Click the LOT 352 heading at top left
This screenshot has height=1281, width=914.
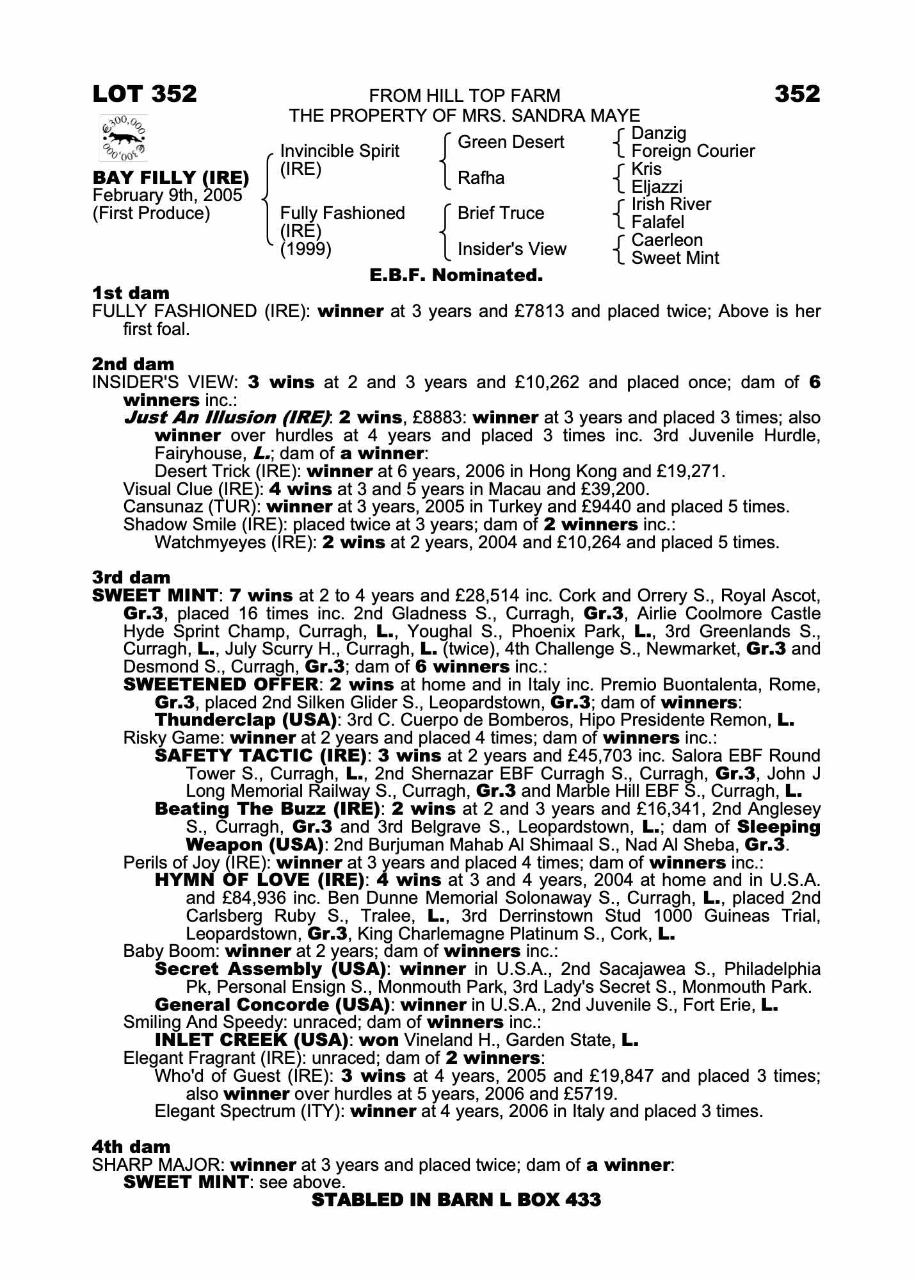(x=145, y=94)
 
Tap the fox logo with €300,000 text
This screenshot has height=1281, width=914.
(x=124, y=138)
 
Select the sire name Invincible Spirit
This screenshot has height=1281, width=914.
(x=339, y=151)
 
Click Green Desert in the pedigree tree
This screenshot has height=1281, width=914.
(x=511, y=142)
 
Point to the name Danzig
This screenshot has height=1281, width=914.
(x=659, y=133)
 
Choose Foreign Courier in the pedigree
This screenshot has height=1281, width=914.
(x=693, y=151)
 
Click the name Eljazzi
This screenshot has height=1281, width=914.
(x=657, y=187)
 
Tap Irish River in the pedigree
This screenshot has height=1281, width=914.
(x=671, y=204)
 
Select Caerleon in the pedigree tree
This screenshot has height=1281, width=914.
(x=667, y=240)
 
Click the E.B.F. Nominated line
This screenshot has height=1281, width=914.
(x=456, y=276)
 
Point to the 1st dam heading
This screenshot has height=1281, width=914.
(x=131, y=293)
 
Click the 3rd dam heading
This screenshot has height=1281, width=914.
(x=131, y=578)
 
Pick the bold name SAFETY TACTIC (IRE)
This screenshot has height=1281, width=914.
(x=261, y=756)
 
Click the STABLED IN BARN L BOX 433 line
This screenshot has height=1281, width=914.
(x=456, y=1200)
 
